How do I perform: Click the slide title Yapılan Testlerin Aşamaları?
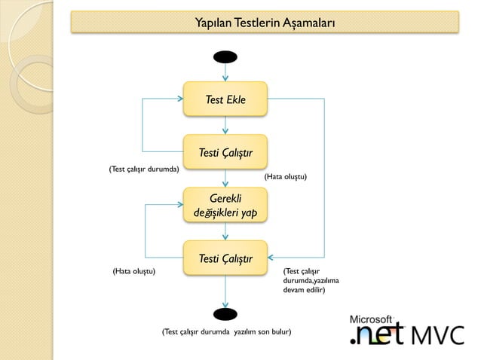[265, 21]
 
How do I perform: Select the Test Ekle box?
[225, 99]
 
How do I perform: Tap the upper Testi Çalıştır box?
[225, 153]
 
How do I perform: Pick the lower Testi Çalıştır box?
[225, 259]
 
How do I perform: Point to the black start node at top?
[225, 57]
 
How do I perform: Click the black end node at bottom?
[225, 313]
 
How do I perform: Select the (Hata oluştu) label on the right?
[284, 175]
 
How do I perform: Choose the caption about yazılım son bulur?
[226, 331]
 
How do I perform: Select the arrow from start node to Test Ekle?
[225, 72]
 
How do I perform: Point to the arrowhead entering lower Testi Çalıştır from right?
[272, 258]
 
